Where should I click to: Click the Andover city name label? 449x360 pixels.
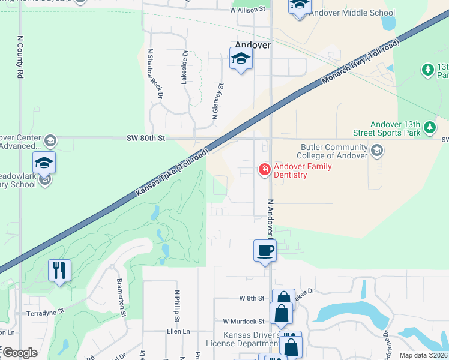(253, 45)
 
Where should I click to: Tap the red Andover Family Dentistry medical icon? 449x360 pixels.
(264, 170)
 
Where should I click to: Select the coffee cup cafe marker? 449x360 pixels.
(265, 251)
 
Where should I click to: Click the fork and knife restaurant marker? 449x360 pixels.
(59, 270)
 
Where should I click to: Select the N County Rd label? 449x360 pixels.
(20, 58)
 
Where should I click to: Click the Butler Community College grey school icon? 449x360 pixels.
(376, 149)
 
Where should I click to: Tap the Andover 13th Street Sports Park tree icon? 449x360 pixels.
(429, 127)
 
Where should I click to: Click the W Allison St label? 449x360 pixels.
(247, 10)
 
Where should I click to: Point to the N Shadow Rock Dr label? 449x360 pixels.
(155, 74)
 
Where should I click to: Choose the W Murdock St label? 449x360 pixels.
(244, 322)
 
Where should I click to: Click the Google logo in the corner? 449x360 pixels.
(19, 353)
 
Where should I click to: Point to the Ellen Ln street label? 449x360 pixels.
(178, 331)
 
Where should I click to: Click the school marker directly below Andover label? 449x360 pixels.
(241, 59)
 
